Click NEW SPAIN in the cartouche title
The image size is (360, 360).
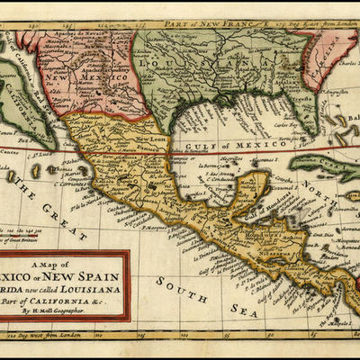[85, 276]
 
